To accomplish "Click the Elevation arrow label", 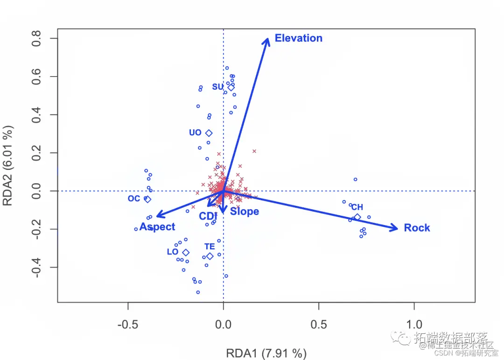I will coord(298,38).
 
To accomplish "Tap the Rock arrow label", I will coord(417,228).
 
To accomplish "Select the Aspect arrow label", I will coord(157,227).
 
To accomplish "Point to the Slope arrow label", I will coord(244,212).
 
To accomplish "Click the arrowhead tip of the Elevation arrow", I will coord(268,38).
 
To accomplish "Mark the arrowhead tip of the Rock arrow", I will coord(398,228).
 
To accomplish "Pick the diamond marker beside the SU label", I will coord(231,87).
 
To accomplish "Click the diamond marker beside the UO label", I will coord(209,133).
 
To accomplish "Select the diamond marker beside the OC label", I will coord(148,199).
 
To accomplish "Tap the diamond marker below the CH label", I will coord(357,217).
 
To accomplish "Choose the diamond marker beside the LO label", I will coord(186,252).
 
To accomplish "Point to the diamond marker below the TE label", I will coord(210,256).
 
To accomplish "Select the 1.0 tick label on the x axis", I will coord(414,324).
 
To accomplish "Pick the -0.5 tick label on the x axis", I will coord(128,324).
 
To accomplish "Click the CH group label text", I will coord(357,207).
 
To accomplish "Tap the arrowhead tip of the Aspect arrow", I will coord(156,216).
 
